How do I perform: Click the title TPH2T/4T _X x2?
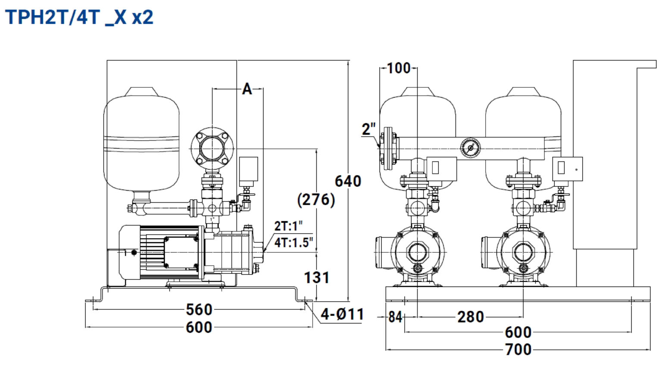tap(79, 17)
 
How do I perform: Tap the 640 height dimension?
tap(348, 181)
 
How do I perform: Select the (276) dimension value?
tap(316, 200)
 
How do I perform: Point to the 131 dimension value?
tap(316, 278)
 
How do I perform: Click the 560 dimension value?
tap(199, 309)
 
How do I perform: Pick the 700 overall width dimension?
tap(518, 350)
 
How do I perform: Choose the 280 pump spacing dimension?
tap(471, 317)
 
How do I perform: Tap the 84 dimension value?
tap(395, 317)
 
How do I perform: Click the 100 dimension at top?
tap(398, 68)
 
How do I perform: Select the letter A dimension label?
tap(247, 89)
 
